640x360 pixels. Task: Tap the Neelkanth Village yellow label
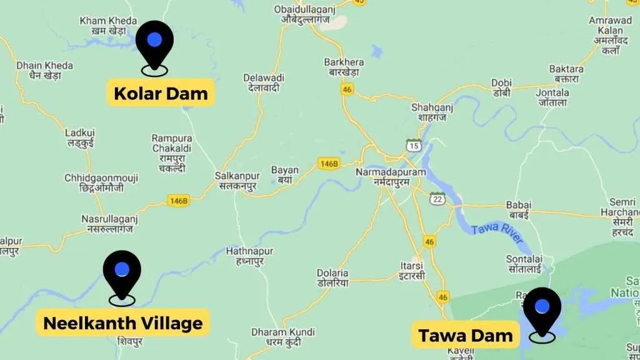(x=123, y=322)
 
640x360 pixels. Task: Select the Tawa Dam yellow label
(x=466, y=336)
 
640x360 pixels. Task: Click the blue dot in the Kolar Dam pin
(x=154, y=40)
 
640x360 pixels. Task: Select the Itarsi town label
(x=412, y=270)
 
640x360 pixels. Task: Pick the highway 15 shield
(x=413, y=145)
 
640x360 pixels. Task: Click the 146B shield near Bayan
(x=328, y=164)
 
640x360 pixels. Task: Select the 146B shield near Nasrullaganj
(x=178, y=201)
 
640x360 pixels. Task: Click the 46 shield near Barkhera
(x=347, y=89)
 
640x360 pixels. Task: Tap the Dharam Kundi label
(x=276, y=336)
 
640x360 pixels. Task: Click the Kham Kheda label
(x=108, y=26)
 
